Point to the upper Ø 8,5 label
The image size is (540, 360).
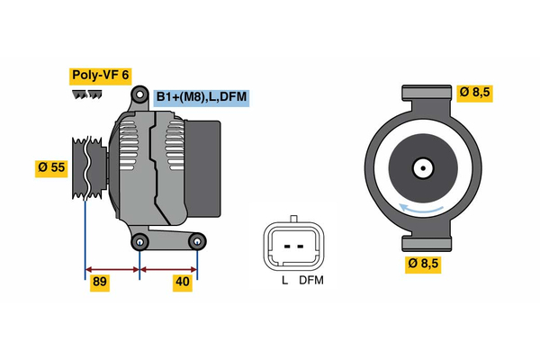(474, 92)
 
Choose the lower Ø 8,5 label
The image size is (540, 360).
(424, 264)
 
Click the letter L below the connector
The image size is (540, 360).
(284, 281)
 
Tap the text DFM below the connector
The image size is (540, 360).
(311, 281)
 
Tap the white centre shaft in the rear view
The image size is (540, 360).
(421, 167)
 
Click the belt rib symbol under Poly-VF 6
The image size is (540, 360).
(82, 94)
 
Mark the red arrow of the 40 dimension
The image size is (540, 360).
(168, 268)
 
